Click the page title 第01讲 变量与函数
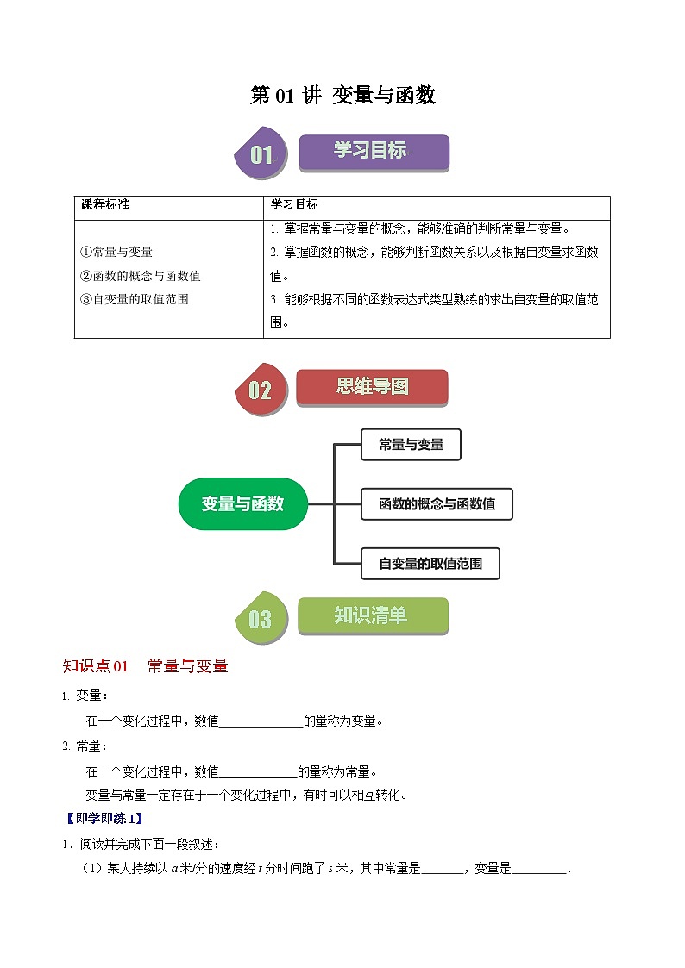342,96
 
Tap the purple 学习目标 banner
374,152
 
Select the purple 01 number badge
261,155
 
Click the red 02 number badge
261,390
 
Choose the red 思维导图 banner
372,387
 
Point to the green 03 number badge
261,619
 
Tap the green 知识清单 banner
372,615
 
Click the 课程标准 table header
105,204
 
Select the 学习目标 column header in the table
294,204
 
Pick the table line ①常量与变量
116,252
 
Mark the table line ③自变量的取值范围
134,300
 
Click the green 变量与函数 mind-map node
242,503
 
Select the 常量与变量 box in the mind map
411,445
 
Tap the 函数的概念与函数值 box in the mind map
437,503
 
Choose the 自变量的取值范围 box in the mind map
430,565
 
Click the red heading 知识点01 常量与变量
145,665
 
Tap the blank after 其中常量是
443,869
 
